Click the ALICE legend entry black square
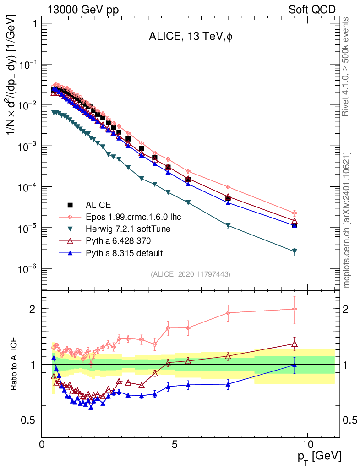point(70,204)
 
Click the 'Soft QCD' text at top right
point(312,10)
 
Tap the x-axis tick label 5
point(175,444)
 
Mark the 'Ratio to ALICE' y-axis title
point(15,364)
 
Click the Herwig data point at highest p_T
point(295,251)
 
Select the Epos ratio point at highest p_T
point(295,309)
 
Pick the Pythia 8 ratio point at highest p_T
point(295,365)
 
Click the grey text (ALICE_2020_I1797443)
point(190,274)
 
